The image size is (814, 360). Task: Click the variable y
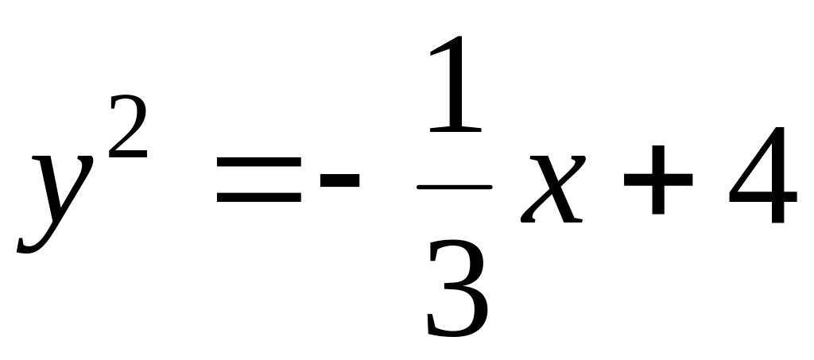click(x=56, y=191)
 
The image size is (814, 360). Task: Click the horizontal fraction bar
click(x=454, y=188)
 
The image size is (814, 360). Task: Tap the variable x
click(x=548, y=191)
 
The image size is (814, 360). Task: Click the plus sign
click(x=656, y=183)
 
